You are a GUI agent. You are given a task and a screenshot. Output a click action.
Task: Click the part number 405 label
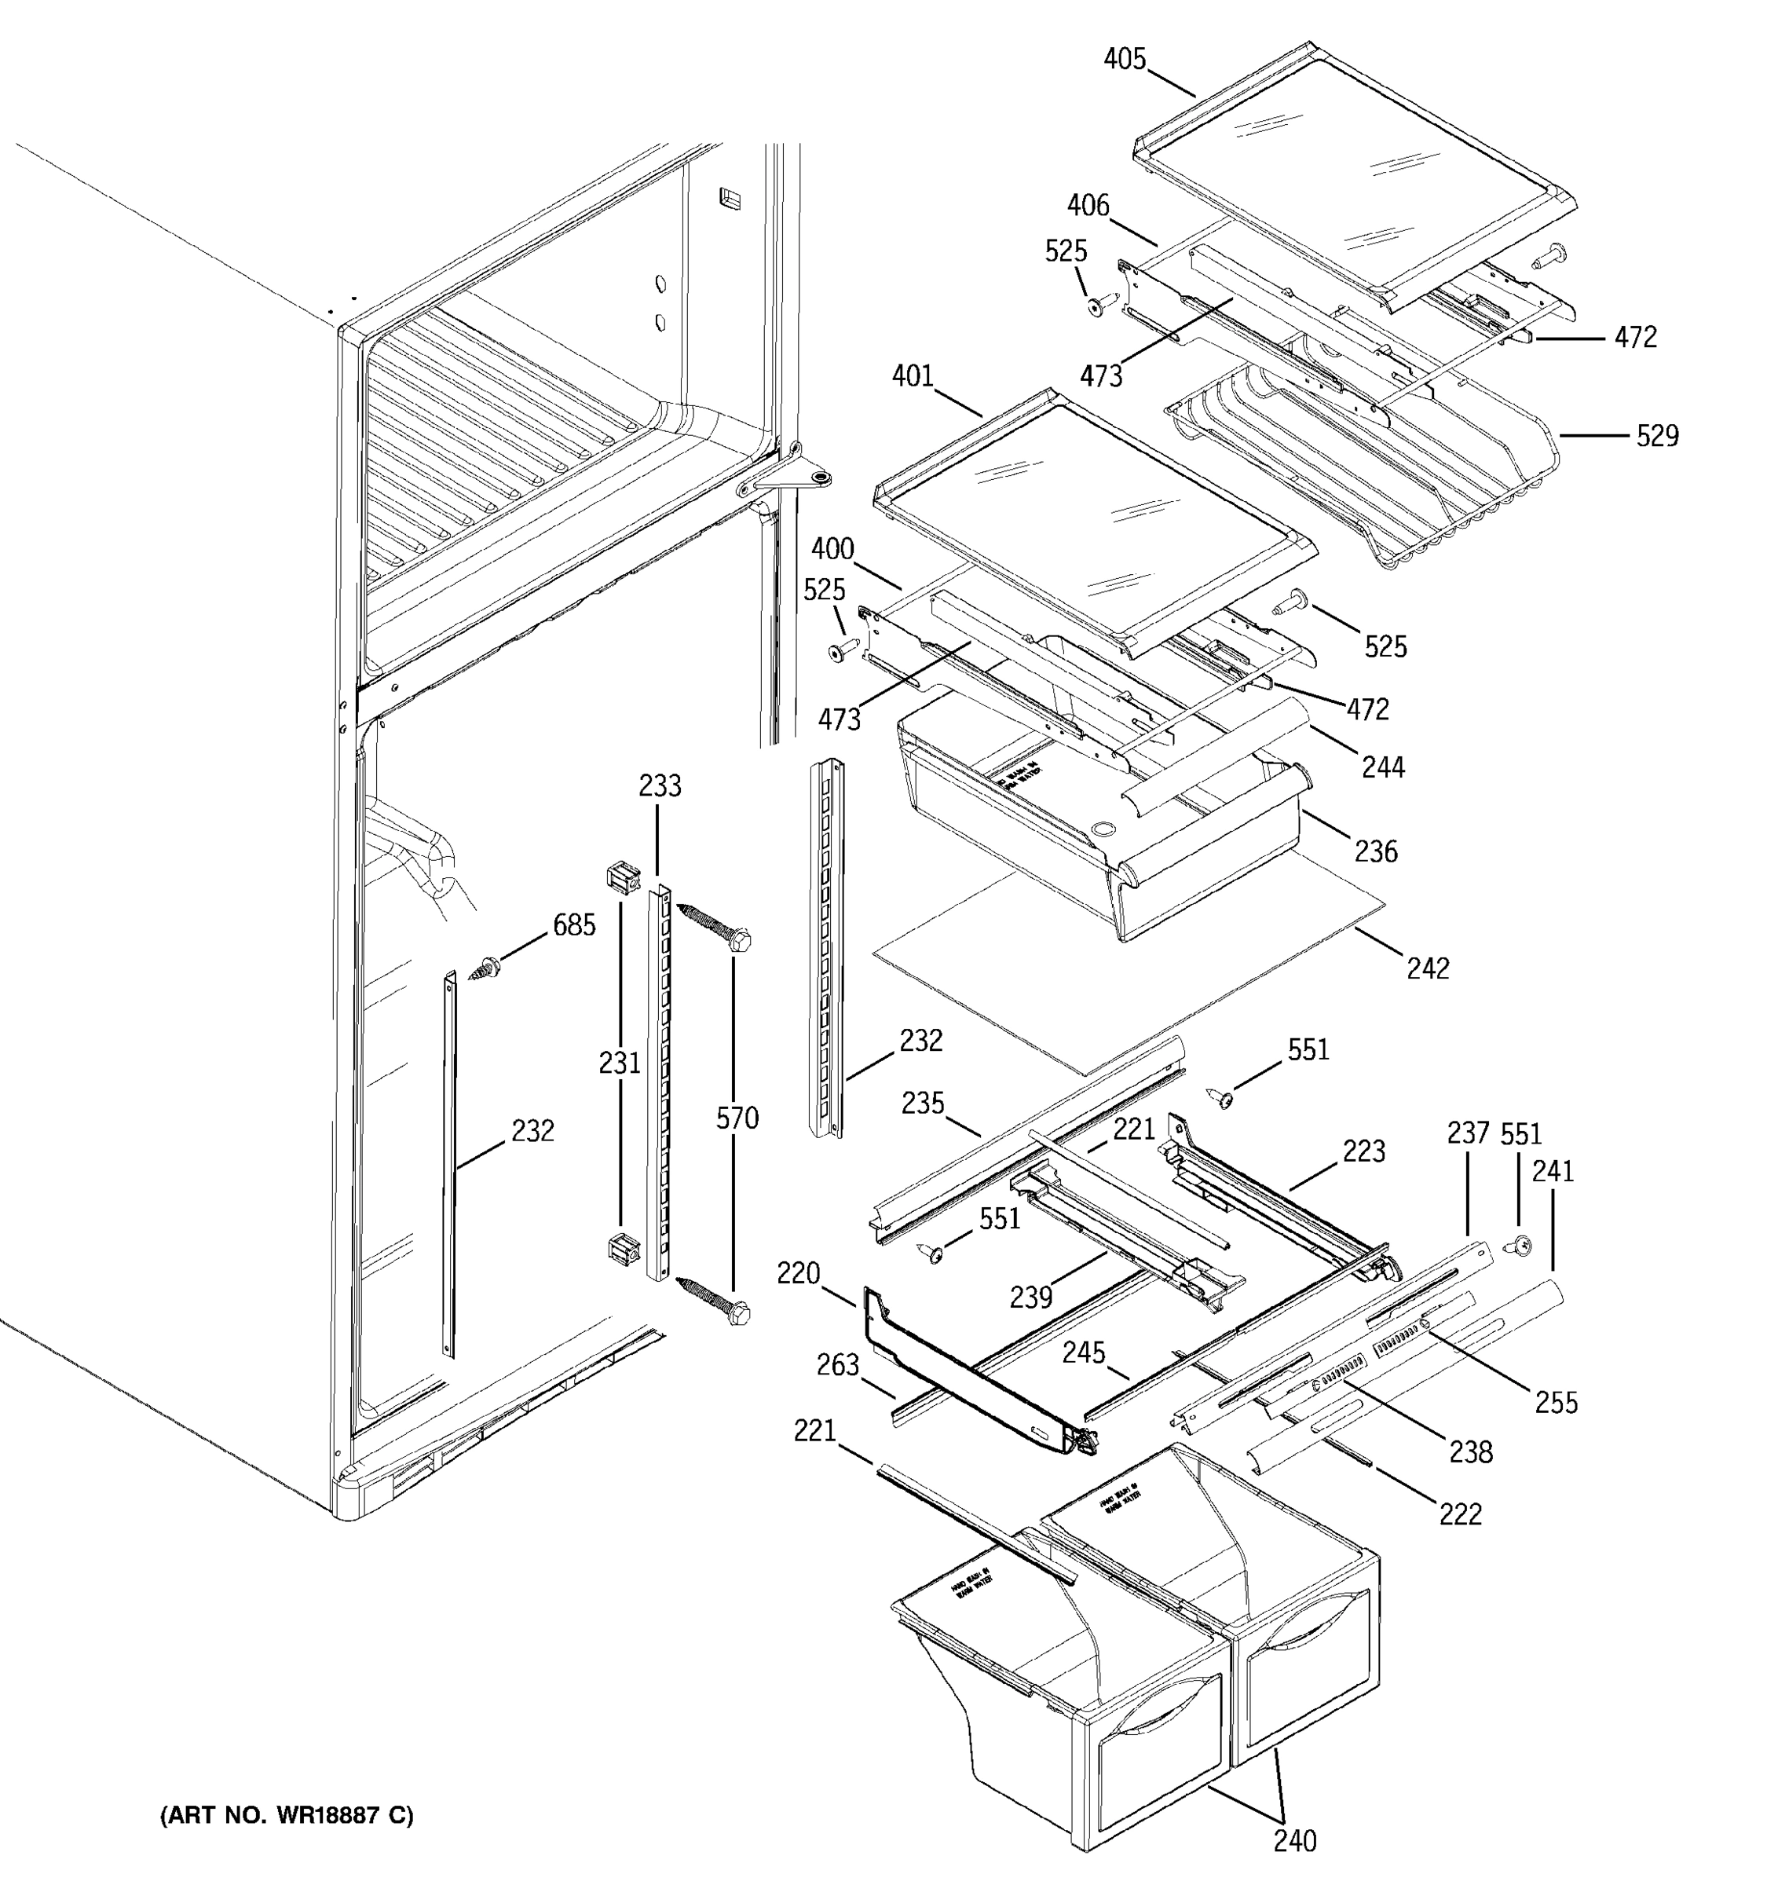coord(1125,60)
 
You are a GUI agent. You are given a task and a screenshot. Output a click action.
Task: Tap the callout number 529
coord(1657,436)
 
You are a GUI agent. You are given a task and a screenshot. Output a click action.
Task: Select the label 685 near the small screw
coord(574,925)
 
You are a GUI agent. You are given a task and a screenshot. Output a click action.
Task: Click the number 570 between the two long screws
coord(737,1119)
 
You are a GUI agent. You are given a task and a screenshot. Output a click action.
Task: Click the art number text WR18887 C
coord(287,1815)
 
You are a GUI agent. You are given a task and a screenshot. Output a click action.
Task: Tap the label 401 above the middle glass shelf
coord(913,376)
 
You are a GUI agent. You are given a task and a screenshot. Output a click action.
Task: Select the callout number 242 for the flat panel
coord(1428,968)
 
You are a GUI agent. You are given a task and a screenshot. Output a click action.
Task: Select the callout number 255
coord(1557,1403)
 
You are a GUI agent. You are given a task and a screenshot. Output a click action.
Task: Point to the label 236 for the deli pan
coord(1375,851)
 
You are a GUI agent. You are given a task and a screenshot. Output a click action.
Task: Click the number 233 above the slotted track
coord(659,786)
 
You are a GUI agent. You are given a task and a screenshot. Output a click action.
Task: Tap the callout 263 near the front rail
coord(838,1365)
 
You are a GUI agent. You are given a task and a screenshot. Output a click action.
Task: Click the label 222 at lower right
coord(1460,1514)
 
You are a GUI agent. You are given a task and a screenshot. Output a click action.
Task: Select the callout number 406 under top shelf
coord(1088,206)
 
